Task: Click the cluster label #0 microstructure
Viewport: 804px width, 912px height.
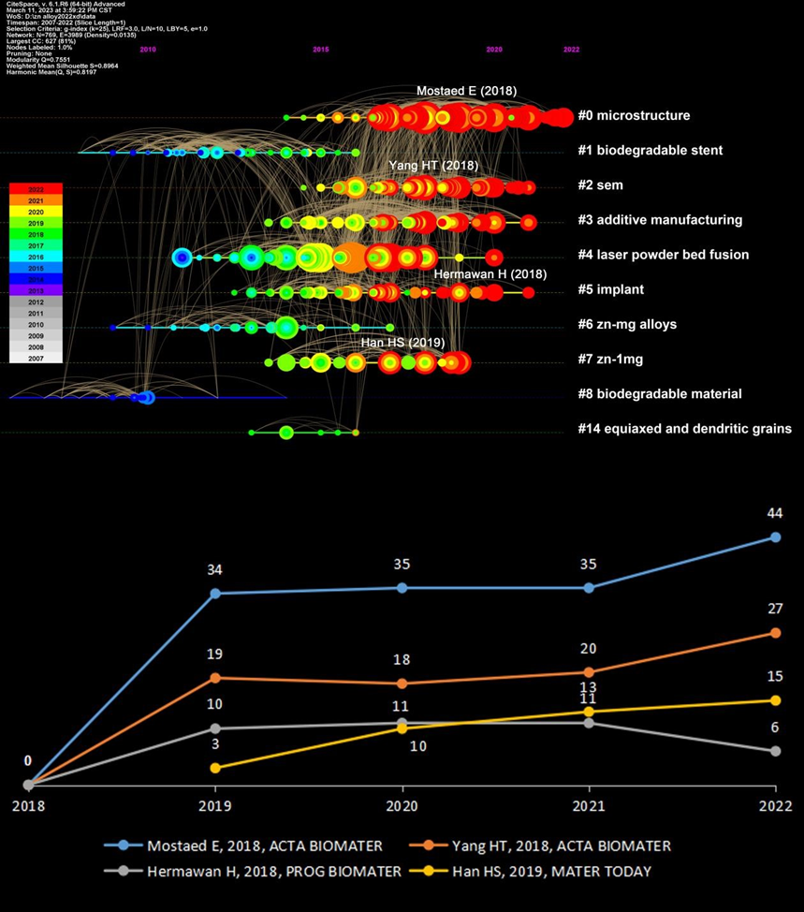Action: [634, 116]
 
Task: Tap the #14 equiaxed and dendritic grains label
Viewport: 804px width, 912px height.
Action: [684, 429]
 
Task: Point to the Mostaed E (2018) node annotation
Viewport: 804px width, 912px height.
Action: [466, 91]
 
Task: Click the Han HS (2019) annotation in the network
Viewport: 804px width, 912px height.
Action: [402, 343]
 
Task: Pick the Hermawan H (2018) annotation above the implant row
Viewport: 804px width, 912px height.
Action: [490, 273]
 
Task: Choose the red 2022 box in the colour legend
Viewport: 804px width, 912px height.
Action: [35, 189]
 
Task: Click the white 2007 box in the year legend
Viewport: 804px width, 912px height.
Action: [35, 357]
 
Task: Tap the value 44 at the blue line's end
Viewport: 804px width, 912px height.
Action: [774, 513]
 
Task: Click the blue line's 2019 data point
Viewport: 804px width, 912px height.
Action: [215, 593]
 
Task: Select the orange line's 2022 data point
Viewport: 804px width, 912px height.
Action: [775, 633]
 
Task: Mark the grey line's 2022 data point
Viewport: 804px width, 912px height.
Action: [775, 751]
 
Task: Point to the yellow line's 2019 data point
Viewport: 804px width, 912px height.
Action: [215, 768]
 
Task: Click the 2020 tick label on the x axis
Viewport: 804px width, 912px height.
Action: [402, 806]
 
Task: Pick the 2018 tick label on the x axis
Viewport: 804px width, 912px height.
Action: [28, 806]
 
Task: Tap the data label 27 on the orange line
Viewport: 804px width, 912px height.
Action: [774, 610]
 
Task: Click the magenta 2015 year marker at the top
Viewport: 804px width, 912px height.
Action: [321, 49]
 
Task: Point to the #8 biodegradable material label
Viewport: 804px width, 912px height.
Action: [673, 394]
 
